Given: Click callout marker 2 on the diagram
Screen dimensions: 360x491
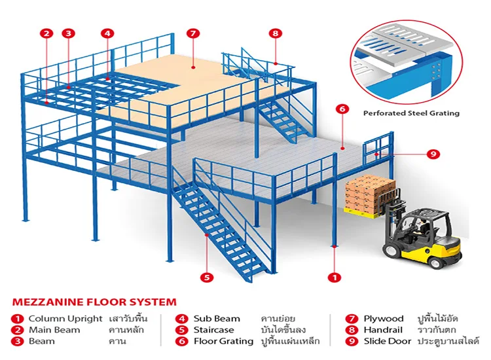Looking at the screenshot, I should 46,33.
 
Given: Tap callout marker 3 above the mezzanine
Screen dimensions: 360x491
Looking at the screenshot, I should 69,33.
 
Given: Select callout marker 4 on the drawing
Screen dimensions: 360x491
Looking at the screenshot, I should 108,33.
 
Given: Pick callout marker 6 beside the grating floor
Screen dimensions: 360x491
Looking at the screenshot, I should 342,109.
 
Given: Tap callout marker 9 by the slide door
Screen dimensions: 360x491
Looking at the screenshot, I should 433,154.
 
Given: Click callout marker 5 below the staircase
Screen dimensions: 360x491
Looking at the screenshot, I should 208,277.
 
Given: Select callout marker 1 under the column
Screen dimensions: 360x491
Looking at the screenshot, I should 335,277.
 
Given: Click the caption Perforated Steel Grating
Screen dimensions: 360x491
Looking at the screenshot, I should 411,113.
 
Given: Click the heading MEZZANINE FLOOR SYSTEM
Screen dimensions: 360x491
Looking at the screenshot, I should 94,302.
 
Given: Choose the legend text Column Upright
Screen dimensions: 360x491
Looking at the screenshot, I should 65,319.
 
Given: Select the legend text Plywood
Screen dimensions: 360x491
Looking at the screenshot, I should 384,319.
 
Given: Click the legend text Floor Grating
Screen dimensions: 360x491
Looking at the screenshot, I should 223,341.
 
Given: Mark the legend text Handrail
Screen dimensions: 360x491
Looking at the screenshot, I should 385,330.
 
